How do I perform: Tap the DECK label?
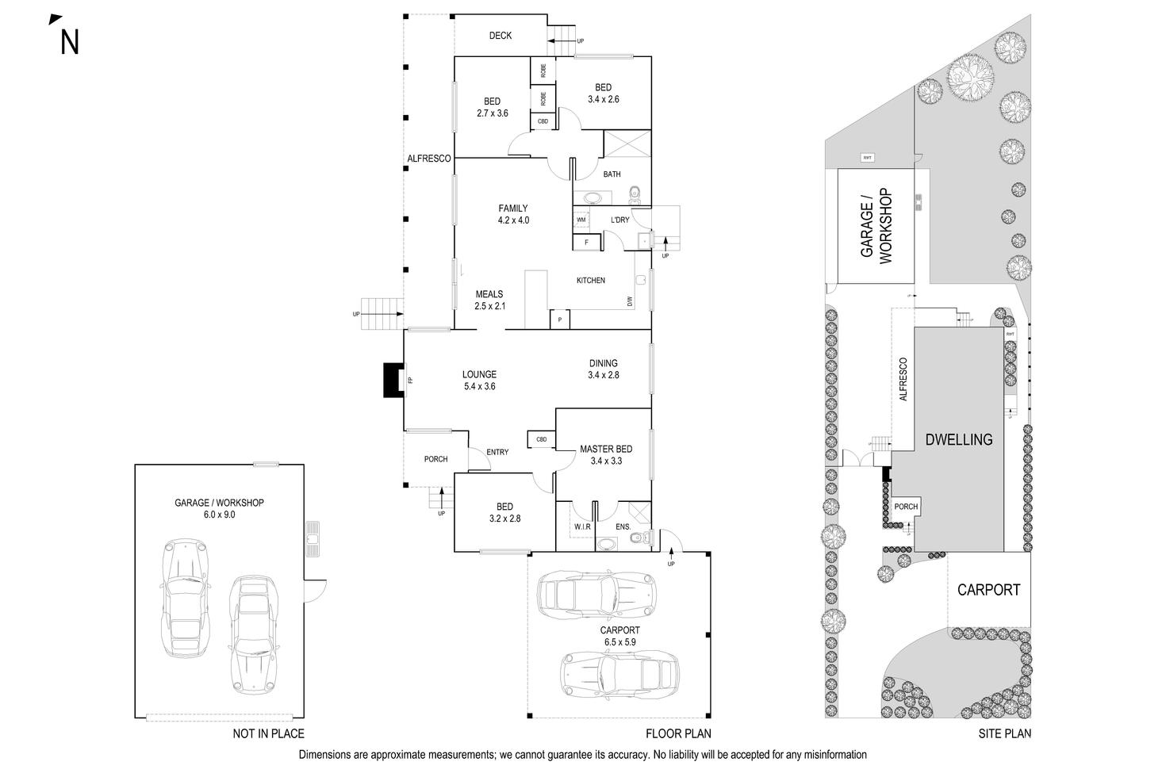point(501,36)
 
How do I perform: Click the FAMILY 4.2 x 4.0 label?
point(513,215)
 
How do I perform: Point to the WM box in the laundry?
point(581,220)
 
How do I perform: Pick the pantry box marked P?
point(560,320)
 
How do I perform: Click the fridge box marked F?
point(586,241)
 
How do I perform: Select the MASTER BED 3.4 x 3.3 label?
point(606,455)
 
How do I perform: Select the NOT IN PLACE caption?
point(268,734)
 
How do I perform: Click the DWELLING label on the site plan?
point(959,439)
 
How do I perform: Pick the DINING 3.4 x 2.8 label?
point(604,369)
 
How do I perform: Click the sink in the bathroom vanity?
point(591,198)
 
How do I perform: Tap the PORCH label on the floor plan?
point(435,459)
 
